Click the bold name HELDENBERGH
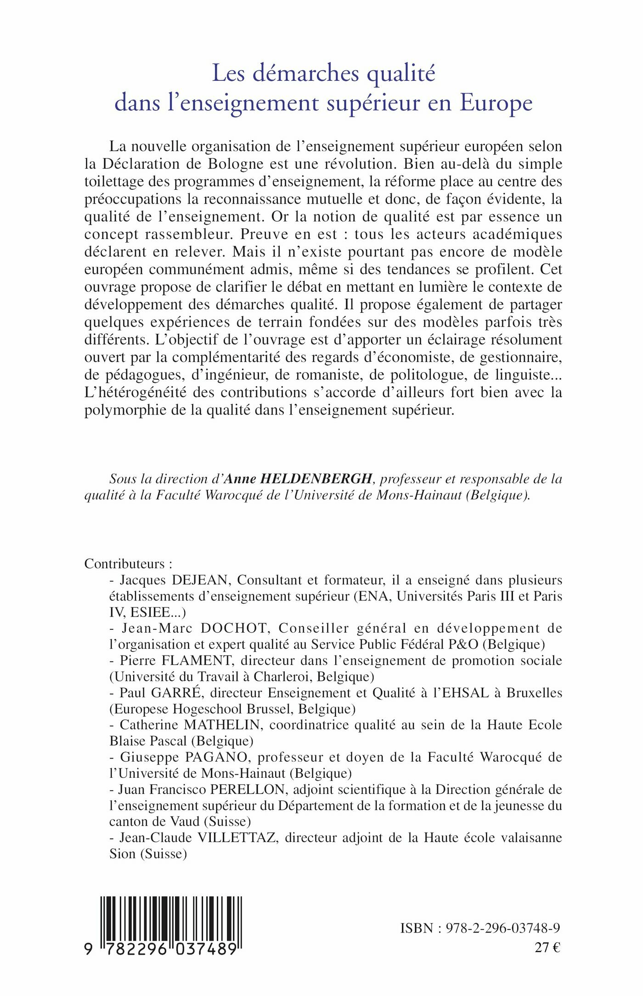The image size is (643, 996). coord(316,479)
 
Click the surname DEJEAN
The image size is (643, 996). coord(199,580)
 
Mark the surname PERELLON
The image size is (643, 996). coord(248,789)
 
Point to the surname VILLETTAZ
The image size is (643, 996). coord(237,838)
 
